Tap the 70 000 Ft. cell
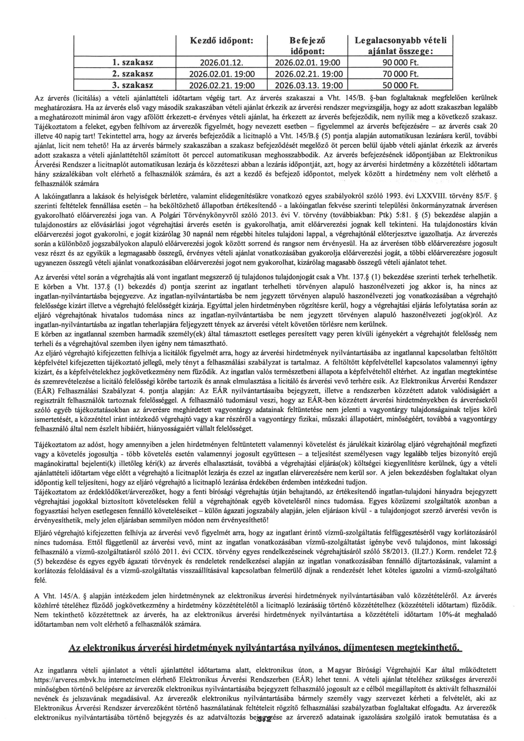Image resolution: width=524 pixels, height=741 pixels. click(x=400, y=74)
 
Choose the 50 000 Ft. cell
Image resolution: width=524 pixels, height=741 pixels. click(x=400, y=85)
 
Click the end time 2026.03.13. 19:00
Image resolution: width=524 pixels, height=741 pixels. click(x=308, y=85)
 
